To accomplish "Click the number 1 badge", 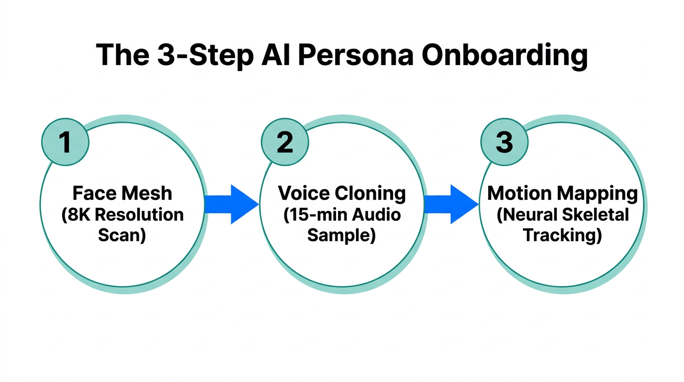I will (x=65, y=142).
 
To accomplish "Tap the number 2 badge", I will (x=284, y=142).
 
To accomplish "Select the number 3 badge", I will (x=504, y=142).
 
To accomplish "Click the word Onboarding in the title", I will (x=504, y=55).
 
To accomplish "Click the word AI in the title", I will (x=276, y=55).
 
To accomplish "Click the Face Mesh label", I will (x=122, y=193).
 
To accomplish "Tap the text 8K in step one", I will (x=77, y=215).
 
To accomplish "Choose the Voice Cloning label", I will (x=342, y=193).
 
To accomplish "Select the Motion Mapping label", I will (x=562, y=193).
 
